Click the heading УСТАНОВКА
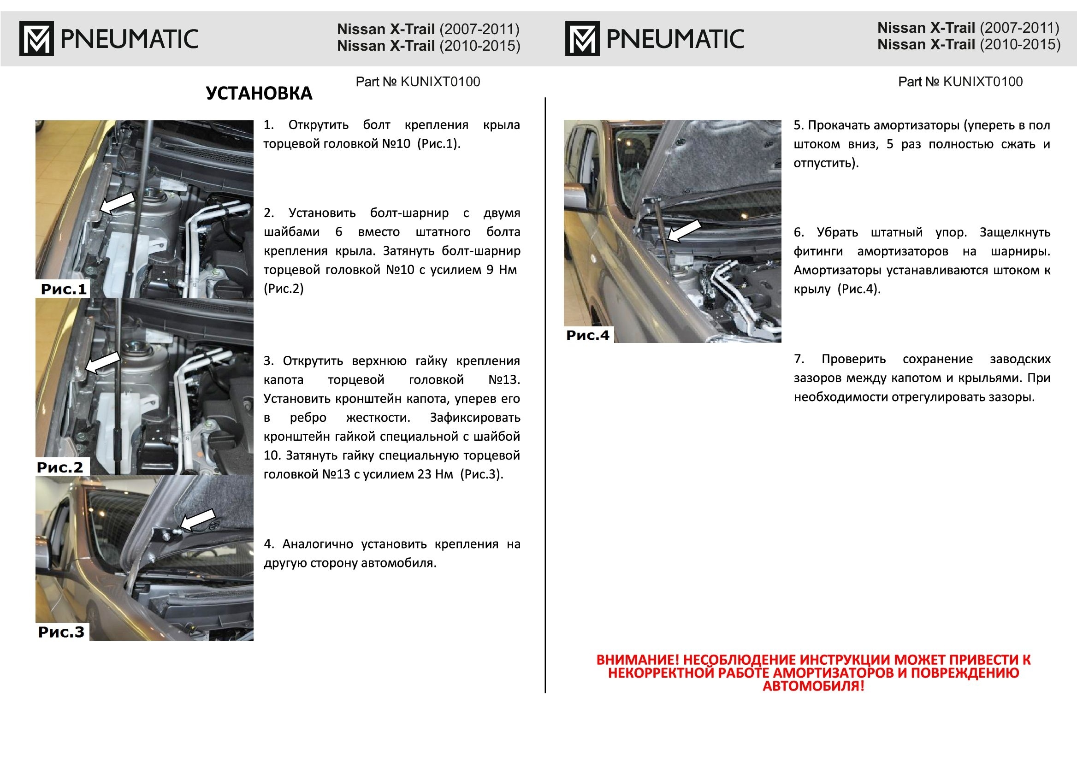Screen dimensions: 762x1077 (x=259, y=94)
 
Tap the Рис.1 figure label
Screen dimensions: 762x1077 (x=64, y=289)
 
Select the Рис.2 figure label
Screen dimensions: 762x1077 (x=60, y=467)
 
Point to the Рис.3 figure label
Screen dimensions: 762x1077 (x=61, y=632)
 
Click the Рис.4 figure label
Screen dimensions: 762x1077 (x=587, y=336)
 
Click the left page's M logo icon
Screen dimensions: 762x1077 (x=36, y=38)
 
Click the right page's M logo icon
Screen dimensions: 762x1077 (x=582, y=38)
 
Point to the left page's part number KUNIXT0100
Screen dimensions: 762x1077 (x=440, y=82)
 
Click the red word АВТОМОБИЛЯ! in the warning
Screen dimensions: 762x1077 (x=813, y=686)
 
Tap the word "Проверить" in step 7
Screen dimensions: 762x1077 (x=853, y=360)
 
